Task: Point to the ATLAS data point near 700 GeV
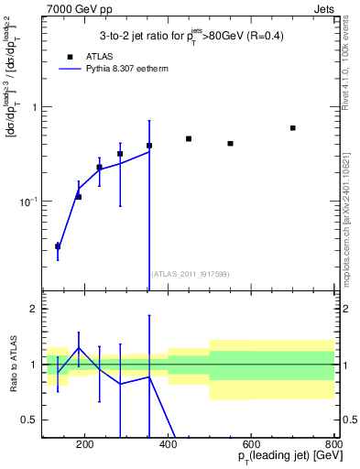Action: [x=293, y=128]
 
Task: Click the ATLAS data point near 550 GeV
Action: [x=231, y=144]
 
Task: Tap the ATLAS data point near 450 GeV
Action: [x=189, y=139]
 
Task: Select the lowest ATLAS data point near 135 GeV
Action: [x=58, y=246]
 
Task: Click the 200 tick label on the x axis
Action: [x=84, y=446]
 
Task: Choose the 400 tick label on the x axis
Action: [x=168, y=446]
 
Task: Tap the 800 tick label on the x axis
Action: [x=334, y=446]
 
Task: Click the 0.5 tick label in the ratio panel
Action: [x=28, y=420]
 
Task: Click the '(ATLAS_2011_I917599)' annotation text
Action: [x=189, y=274]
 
